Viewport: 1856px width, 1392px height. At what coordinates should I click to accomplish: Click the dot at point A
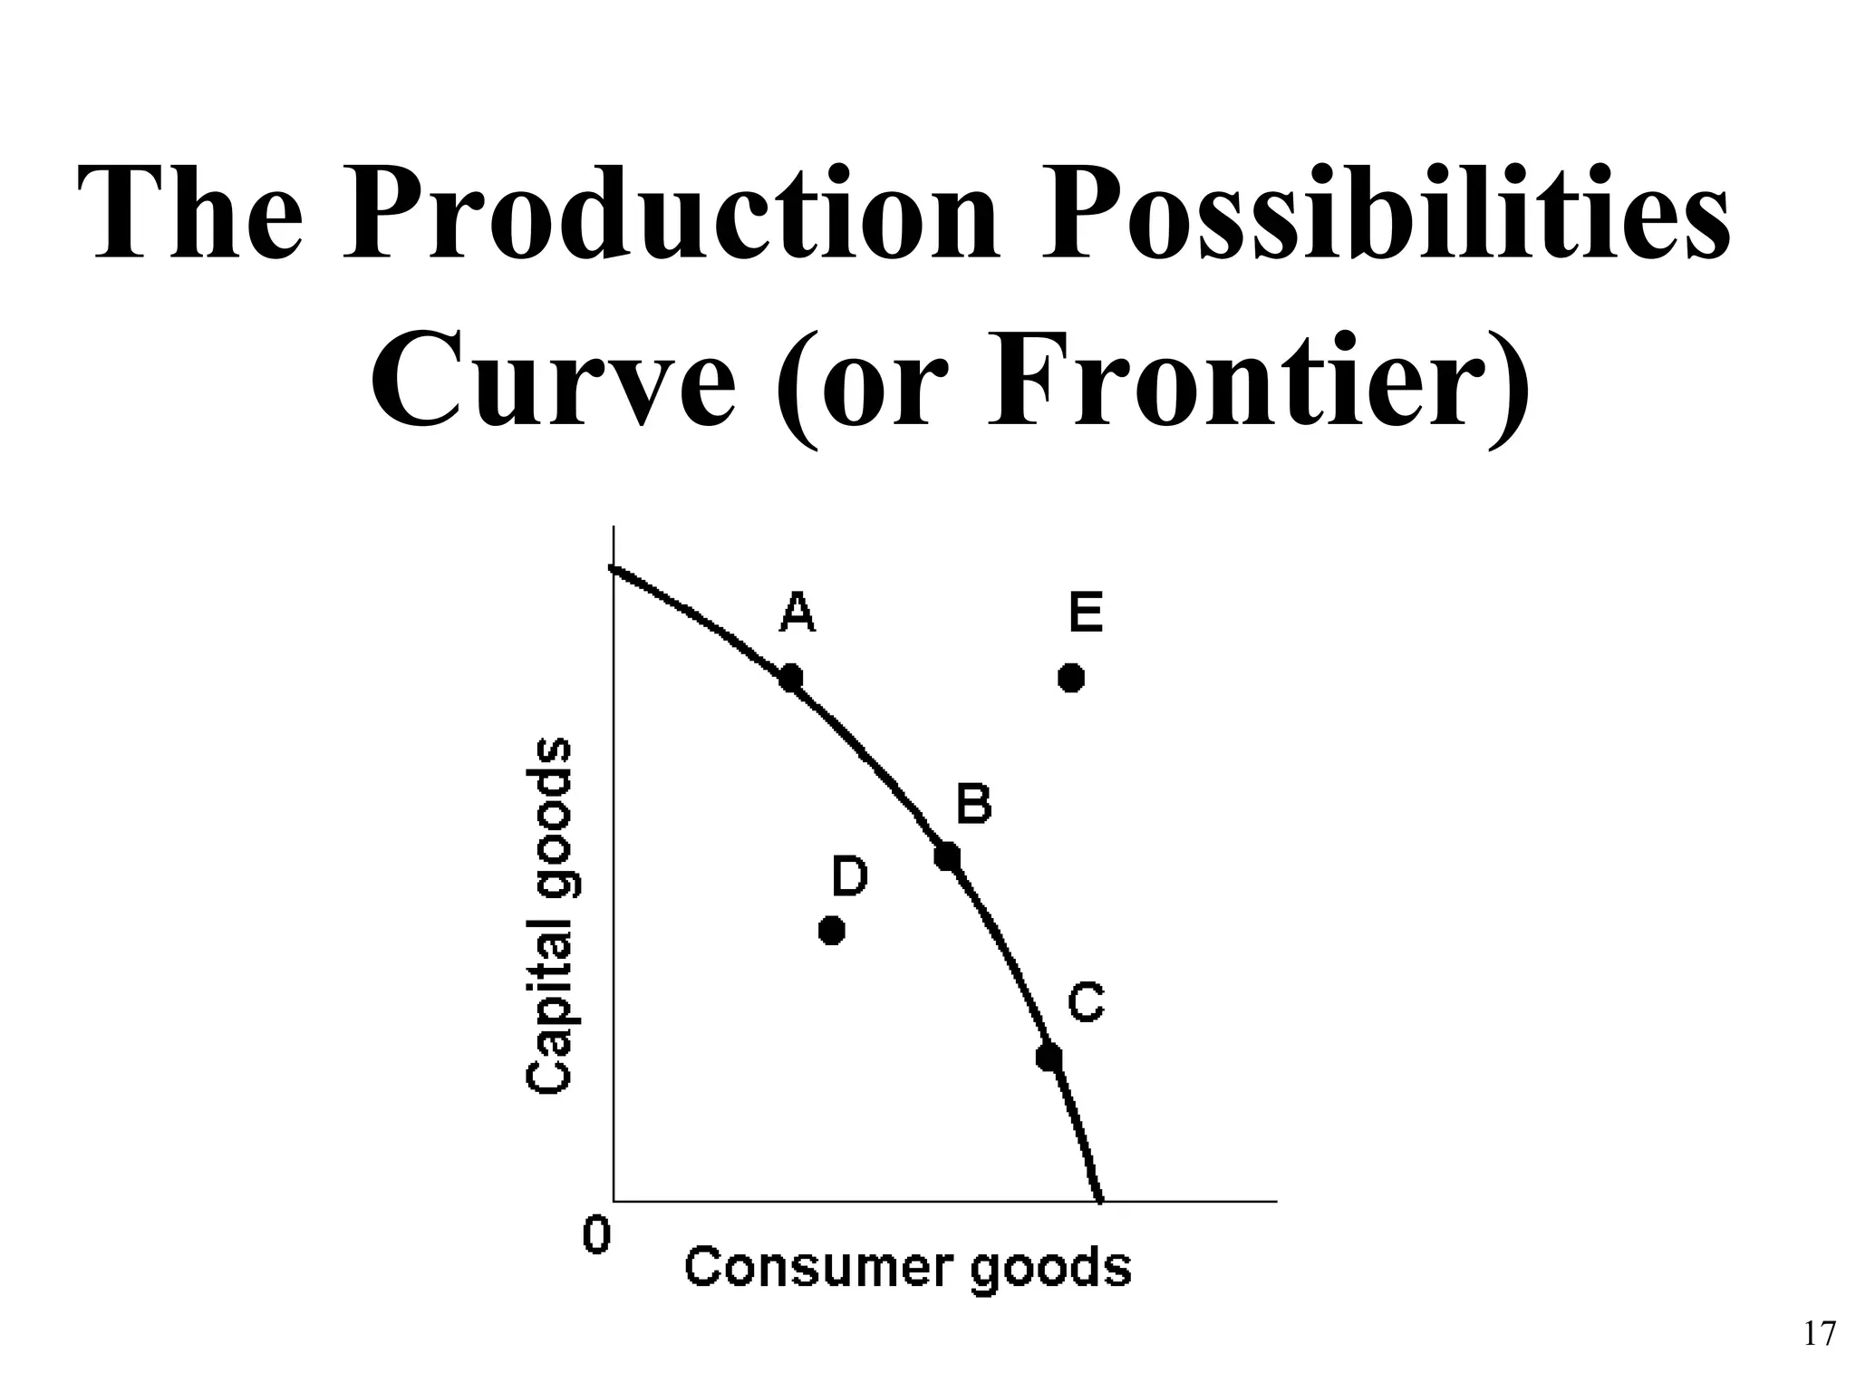tap(790, 677)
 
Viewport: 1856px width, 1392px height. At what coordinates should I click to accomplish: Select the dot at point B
tap(947, 855)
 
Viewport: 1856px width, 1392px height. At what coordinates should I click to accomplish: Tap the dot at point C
tap(1049, 1057)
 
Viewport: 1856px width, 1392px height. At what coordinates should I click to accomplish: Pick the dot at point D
tap(831, 930)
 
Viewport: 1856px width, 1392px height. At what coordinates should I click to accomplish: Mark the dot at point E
tap(1071, 677)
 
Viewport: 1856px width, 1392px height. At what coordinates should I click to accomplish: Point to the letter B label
tap(974, 804)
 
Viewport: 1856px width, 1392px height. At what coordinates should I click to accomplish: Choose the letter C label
tap(1086, 1003)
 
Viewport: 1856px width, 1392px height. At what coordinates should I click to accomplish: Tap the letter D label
tap(850, 876)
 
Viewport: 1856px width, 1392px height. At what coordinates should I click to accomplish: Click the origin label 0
tap(595, 1235)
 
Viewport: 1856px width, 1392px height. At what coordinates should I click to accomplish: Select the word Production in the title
tap(671, 215)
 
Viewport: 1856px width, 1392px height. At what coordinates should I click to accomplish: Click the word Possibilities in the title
tap(1386, 215)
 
